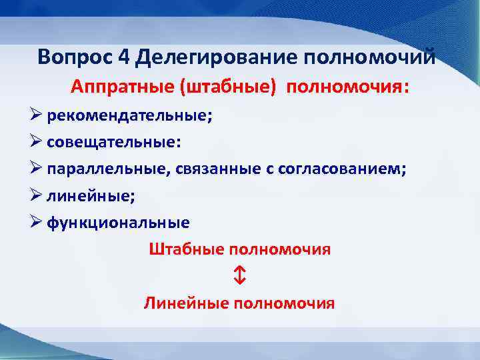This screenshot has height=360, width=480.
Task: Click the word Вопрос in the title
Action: click(75, 57)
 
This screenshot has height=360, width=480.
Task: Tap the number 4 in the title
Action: click(124, 57)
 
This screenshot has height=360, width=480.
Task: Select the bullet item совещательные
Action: click(114, 142)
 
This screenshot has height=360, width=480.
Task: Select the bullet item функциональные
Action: click(118, 223)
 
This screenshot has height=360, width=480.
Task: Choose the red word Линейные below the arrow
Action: click(186, 303)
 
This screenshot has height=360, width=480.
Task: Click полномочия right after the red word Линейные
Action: click(284, 303)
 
